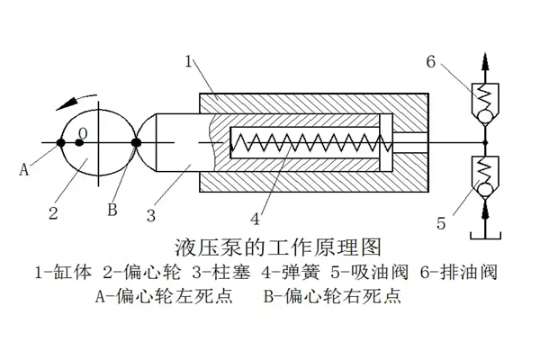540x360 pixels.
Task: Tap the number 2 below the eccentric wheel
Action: coord(54,213)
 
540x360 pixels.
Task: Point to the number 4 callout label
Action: coord(256,217)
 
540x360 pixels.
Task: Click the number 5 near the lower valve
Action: coord(441,221)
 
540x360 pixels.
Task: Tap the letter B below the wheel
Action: coord(112,210)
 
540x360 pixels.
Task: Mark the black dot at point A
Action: coord(60,142)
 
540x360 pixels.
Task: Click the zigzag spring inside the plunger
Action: coord(306,142)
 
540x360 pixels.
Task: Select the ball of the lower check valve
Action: coord(486,188)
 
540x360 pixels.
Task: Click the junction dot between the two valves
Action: coord(486,142)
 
